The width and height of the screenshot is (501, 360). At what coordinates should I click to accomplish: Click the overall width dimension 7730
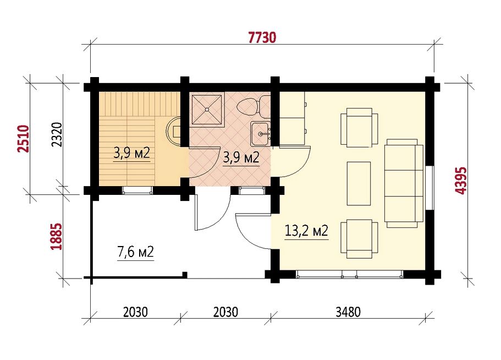tap(262, 37)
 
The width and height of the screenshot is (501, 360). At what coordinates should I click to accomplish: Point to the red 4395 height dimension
tap(461, 181)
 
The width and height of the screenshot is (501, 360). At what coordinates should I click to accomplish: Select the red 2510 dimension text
tap(23, 139)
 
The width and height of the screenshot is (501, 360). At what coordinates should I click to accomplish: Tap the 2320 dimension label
tap(57, 135)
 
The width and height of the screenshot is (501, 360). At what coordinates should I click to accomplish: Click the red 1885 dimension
tap(56, 236)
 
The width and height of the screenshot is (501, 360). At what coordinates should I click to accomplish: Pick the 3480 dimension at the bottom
tap(348, 312)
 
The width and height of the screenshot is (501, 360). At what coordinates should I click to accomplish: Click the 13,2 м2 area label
tap(306, 230)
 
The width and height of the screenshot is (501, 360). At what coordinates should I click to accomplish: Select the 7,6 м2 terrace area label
tap(135, 252)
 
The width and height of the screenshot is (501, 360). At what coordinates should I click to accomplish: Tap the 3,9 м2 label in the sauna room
tap(131, 154)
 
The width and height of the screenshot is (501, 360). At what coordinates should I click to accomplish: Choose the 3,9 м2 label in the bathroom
tap(241, 157)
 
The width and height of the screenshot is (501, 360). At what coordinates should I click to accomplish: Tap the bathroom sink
tap(260, 133)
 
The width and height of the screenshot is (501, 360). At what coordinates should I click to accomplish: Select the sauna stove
tap(174, 132)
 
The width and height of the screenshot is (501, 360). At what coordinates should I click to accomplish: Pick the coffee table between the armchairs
tap(359, 183)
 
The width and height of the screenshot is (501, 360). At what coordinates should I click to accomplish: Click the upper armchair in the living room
tap(359, 128)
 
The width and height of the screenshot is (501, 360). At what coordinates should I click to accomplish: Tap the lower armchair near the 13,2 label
tap(359, 239)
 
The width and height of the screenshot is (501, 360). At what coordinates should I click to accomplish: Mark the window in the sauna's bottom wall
tap(137, 190)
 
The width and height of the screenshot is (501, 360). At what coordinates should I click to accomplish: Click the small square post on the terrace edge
tap(184, 274)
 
